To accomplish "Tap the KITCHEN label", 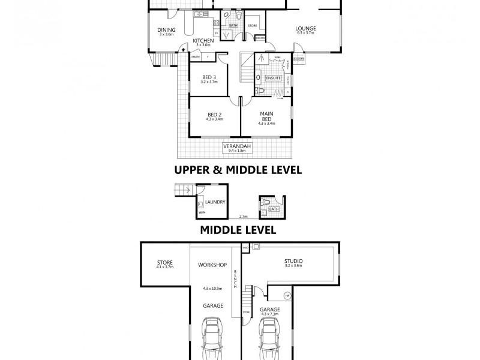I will click(x=203, y=40).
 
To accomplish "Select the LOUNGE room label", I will click(x=305, y=29).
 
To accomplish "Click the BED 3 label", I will click(x=208, y=77).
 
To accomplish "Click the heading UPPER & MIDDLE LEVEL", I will click(x=238, y=170).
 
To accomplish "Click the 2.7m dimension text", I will click(x=243, y=217).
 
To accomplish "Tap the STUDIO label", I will click(x=293, y=261).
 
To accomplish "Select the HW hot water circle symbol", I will click(x=287, y=295).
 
